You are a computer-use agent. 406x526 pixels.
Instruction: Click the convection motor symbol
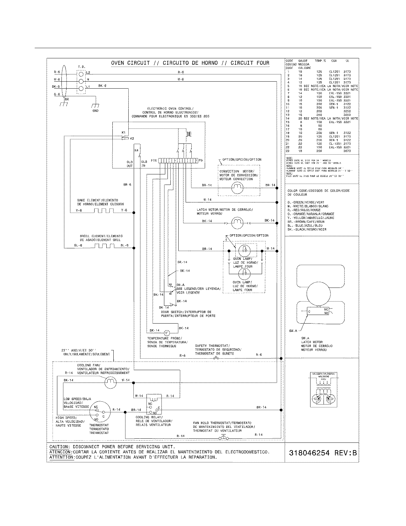tap(237, 189)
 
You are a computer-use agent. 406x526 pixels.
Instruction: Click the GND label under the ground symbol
tap(95, 111)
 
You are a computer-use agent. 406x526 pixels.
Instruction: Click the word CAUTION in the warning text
tap(59, 447)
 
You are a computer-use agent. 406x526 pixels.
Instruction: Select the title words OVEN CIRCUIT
tap(130, 63)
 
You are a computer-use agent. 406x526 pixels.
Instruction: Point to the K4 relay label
tap(136, 150)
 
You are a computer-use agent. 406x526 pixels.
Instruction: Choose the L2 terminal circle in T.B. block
tap(81, 73)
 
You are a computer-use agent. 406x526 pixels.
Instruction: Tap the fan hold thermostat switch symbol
tap(223, 438)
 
